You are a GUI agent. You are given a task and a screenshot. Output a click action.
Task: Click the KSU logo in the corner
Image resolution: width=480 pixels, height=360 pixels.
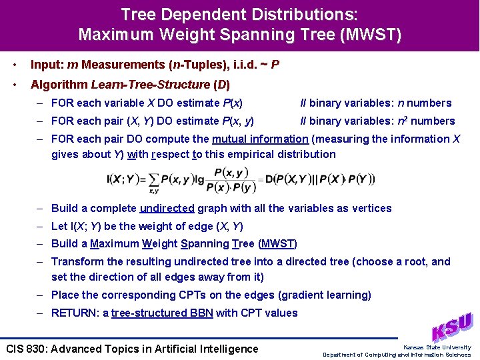(x=453, y=327)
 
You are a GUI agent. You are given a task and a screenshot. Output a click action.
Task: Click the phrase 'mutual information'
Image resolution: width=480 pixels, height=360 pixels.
(x=260, y=139)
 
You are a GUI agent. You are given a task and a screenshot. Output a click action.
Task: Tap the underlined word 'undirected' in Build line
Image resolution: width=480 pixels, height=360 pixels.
(x=167, y=208)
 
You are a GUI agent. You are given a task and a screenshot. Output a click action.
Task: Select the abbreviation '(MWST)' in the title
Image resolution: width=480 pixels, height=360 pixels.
(x=370, y=34)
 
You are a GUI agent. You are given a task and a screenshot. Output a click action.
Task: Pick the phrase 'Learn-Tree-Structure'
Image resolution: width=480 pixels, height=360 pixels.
(x=150, y=85)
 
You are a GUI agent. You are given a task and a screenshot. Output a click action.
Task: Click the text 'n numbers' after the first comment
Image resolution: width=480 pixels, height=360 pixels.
(x=425, y=103)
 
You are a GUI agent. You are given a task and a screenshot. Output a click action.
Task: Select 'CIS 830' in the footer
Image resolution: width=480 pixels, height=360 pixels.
(x=25, y=349)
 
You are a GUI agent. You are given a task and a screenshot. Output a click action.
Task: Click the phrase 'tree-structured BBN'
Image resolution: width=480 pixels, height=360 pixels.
(x=162, y=313)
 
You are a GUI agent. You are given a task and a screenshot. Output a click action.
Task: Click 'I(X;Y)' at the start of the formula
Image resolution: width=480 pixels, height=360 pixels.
(x=121, y=179)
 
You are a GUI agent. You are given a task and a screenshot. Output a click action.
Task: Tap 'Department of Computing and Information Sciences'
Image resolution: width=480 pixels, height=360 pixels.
(x=397, y=355)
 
